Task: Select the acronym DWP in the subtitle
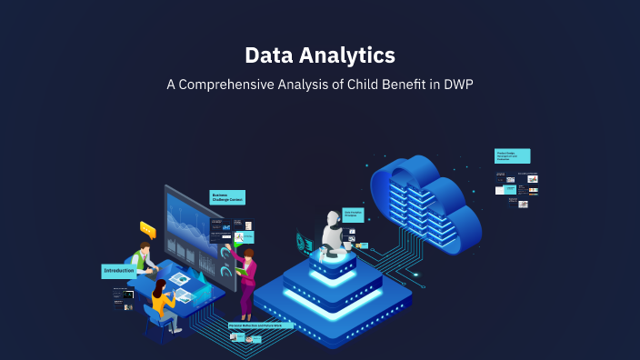pos(457,85)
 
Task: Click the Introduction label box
pos(118,271)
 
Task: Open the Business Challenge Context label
pos(227,197)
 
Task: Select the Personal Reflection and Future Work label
pos(261,325)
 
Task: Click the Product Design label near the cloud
pos(512,156)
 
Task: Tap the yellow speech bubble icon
pos(148,230)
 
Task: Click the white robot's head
pos(331,220)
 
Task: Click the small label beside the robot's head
pos(354,215)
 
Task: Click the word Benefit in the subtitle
pos(397,85)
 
